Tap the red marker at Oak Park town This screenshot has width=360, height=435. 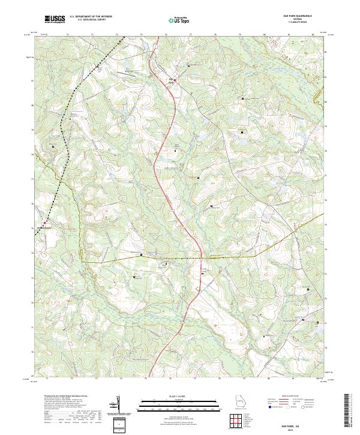tap(175, 79)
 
